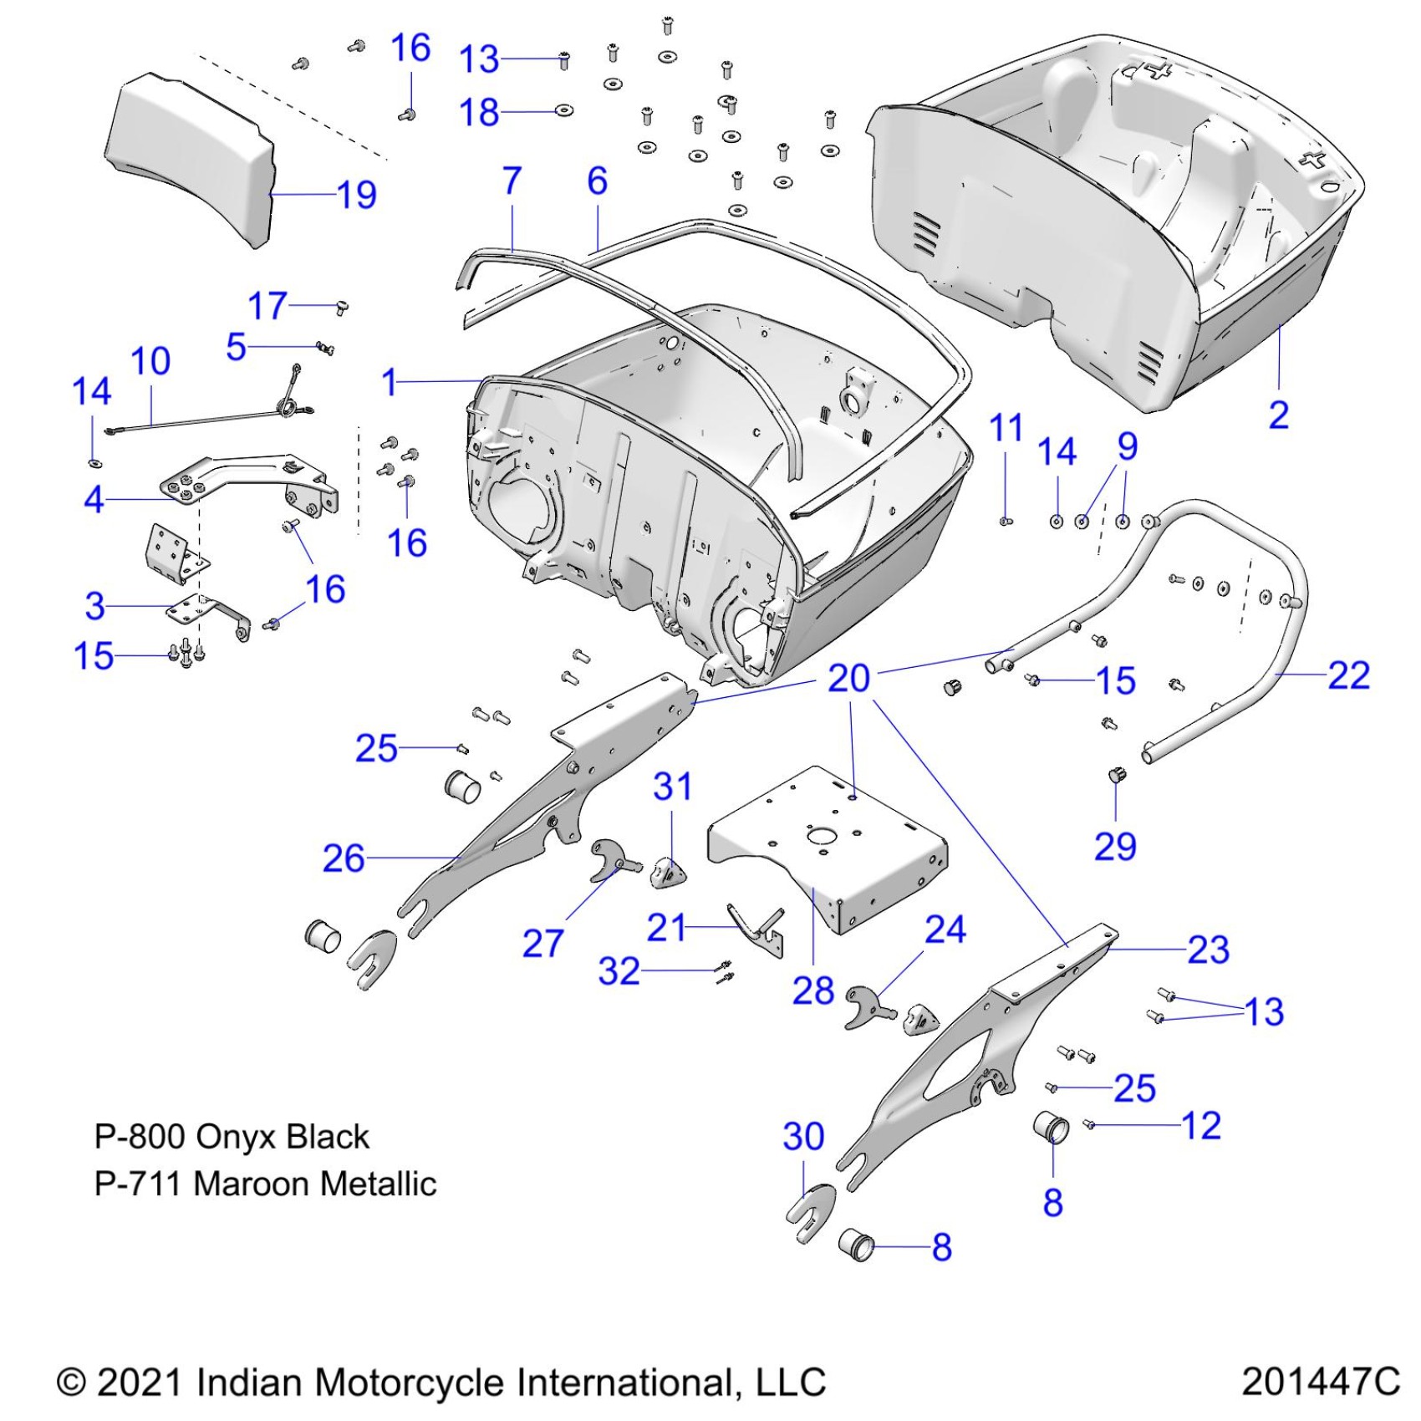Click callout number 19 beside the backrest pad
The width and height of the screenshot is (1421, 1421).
(x=357, y=196)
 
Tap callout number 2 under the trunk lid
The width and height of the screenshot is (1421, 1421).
(x=1278, y=415)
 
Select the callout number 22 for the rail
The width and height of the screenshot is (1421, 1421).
(x=1348, y=675)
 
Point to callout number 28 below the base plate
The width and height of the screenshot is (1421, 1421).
(x=812, y=991)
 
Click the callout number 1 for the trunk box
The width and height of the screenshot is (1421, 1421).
(x=390, y=382)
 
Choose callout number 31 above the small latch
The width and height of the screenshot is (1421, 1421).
(x=672, y=787)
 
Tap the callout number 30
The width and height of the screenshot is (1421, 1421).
(x=803, y=1136)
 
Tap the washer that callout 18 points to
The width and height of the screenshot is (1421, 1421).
(x=564, y=110)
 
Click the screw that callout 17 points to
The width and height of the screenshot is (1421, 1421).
(x=342, y=308)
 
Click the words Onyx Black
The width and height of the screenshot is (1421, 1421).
(x=282, y=1137)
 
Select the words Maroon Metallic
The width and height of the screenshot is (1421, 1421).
(x=314, y=1184)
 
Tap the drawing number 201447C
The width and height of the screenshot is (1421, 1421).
(x=1320, y=1381)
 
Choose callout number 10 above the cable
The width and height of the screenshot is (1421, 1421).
(x=150, y=361)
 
